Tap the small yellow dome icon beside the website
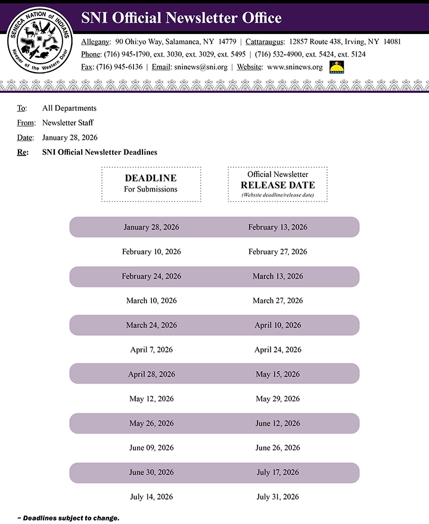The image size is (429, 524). [336, 67]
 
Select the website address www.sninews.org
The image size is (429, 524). [294, 67]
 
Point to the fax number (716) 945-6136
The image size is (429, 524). [119, 67]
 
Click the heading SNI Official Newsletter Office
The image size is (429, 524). [181, 18]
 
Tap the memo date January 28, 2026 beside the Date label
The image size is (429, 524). [70, 138]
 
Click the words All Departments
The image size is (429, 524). [69, 108]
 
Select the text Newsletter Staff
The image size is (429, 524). [67, 123]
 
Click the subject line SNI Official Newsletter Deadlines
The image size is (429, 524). [100, 152]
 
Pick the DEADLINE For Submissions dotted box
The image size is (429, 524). [151, 184]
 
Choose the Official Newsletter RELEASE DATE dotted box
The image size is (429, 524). [278, 184]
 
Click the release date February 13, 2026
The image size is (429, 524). [278, 227]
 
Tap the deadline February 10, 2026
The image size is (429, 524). [151, 252]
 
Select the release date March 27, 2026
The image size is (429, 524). [278, 301]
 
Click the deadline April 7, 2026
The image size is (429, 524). [151, 350]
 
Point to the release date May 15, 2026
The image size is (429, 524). [278, 375]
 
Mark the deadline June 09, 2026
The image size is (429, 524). [151, 448]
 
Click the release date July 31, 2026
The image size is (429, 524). [278, 497]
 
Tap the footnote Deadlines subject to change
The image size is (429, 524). [69, 518]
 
